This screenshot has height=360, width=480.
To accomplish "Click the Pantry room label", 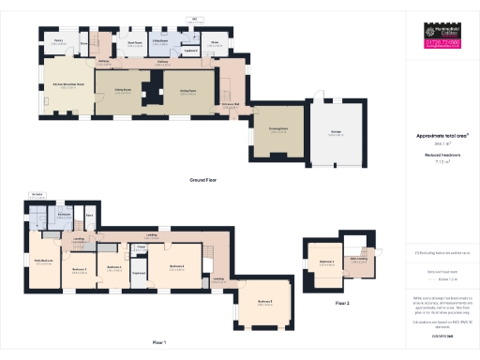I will (57, 40).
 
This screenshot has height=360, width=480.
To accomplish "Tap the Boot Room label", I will (134, 41).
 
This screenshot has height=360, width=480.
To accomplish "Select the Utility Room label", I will (160, 41).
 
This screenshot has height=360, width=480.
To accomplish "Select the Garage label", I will (335, 132).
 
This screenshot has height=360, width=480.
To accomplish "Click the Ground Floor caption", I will (203, 178).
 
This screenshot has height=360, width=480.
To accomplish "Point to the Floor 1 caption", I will (158, 343).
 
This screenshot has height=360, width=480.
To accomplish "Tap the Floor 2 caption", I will (342, 303).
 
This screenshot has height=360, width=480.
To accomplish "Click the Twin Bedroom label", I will (43, 261).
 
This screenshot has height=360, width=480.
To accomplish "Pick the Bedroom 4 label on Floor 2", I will (326, 262).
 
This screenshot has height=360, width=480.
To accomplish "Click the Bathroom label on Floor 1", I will (64, 214).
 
